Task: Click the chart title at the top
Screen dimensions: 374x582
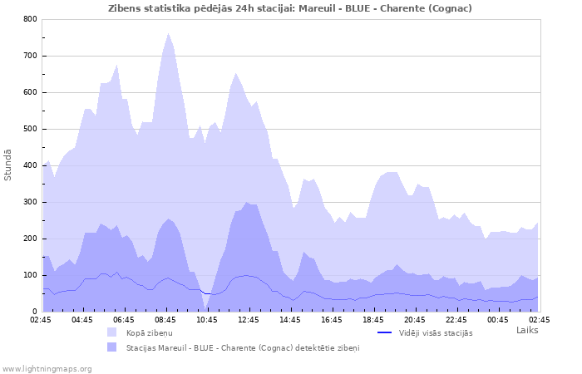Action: point(290,7)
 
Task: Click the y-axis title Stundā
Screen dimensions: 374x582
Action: point(8,165)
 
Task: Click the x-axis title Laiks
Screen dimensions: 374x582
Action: point(527,330)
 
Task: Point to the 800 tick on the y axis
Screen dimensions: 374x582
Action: point(30,19)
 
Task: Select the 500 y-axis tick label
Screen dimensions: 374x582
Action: point(30,129)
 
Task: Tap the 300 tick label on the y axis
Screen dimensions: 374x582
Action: point(30,202)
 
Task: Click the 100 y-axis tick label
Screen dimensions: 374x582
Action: point(30,275)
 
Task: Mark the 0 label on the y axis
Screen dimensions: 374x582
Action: point(34,312)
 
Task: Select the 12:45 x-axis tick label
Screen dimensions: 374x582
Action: point(249,319)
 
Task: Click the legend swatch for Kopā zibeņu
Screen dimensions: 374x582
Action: point(112,332)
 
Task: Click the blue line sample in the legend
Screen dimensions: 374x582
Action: point(384,332)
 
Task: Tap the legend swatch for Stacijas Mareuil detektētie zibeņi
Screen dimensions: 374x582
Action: point(112,347)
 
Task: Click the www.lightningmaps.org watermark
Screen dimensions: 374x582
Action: point(47,368)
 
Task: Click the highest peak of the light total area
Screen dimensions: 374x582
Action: point(168,33)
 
